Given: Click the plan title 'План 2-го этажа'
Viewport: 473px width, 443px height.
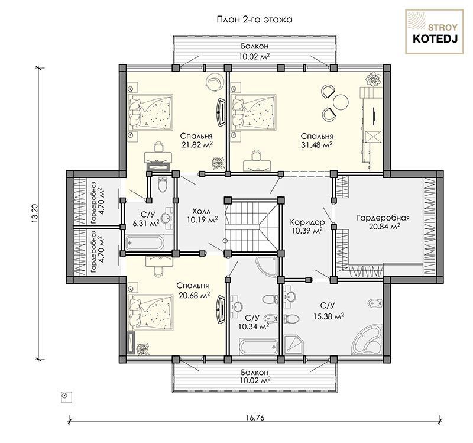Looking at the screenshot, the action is (x=255, y=20).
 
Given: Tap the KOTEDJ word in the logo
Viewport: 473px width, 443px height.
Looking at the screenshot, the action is (x=435, y=39).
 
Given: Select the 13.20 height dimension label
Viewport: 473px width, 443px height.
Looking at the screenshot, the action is (x=35, y=214).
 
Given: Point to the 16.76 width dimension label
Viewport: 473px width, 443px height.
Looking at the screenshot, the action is (x=255, y=418).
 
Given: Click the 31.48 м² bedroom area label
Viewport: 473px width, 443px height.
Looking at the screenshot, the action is (x=317, y=145).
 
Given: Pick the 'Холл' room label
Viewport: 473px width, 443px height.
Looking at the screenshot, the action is (x=202, y=211).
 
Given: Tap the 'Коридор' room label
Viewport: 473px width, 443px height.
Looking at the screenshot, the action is (x=307, y=222).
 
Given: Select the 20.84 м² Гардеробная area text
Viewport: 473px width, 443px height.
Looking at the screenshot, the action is (x=384, y=227).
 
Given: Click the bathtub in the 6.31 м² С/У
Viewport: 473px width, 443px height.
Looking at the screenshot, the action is (x=145, y=242).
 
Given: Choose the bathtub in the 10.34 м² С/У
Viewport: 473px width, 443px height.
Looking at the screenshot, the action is (x=258, y=347).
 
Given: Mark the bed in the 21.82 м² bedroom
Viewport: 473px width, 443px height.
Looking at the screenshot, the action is (x=151, y=112).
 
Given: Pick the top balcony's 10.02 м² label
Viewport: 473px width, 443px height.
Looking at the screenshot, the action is (x=255, y=56).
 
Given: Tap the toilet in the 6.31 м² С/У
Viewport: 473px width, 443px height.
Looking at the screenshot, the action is (x=163, y=185).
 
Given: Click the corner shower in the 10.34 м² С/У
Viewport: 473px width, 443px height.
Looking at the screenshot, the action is (x=266, y=267).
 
